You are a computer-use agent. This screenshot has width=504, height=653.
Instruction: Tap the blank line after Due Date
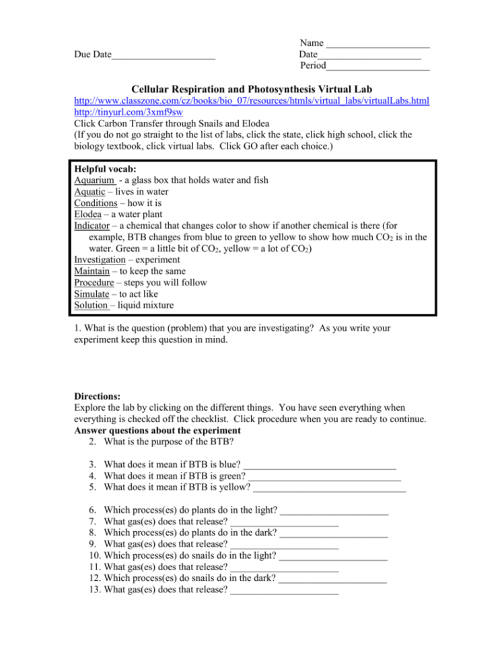[164, 57]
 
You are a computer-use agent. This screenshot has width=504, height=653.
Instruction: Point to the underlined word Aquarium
[94, 180]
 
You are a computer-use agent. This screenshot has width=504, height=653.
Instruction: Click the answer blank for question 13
[284, 593]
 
